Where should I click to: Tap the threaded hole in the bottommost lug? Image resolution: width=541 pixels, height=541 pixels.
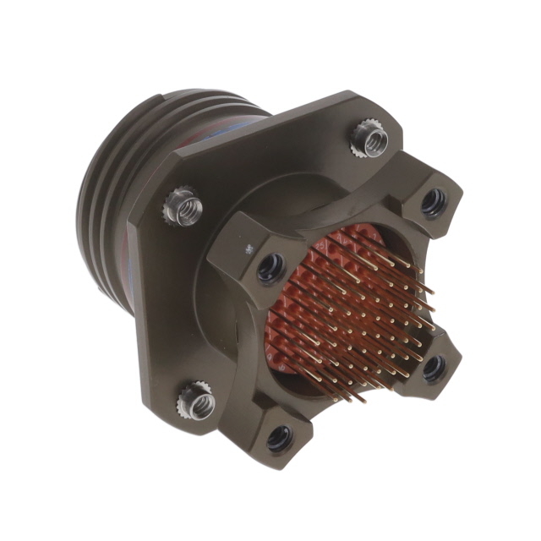[x=278, y=437]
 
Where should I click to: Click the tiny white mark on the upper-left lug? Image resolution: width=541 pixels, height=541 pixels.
[x=249, y=248]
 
